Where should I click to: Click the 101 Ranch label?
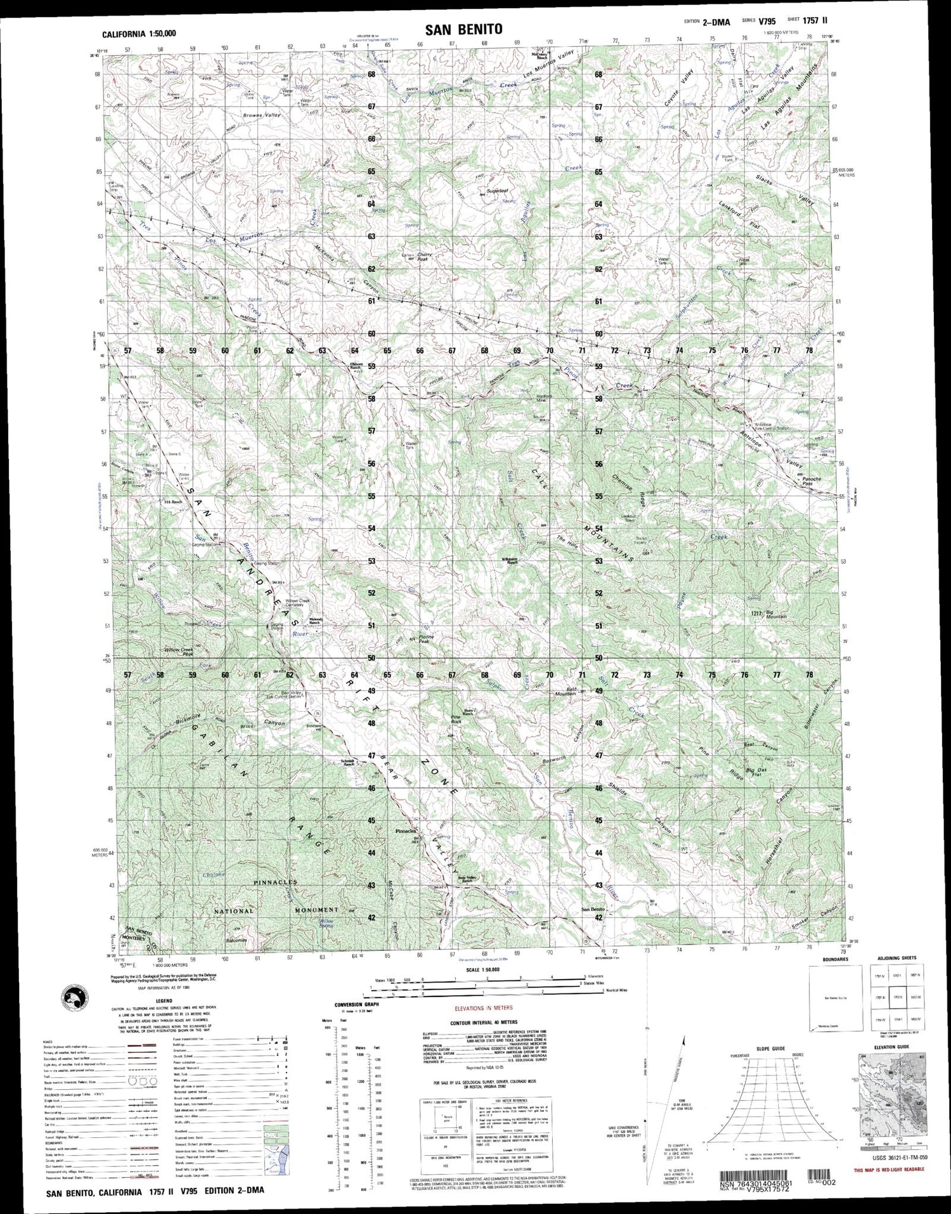pyautogui.click(x=172, y=502)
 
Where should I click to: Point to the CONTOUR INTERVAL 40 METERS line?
pyautogui.click(x=484, y=1022)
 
